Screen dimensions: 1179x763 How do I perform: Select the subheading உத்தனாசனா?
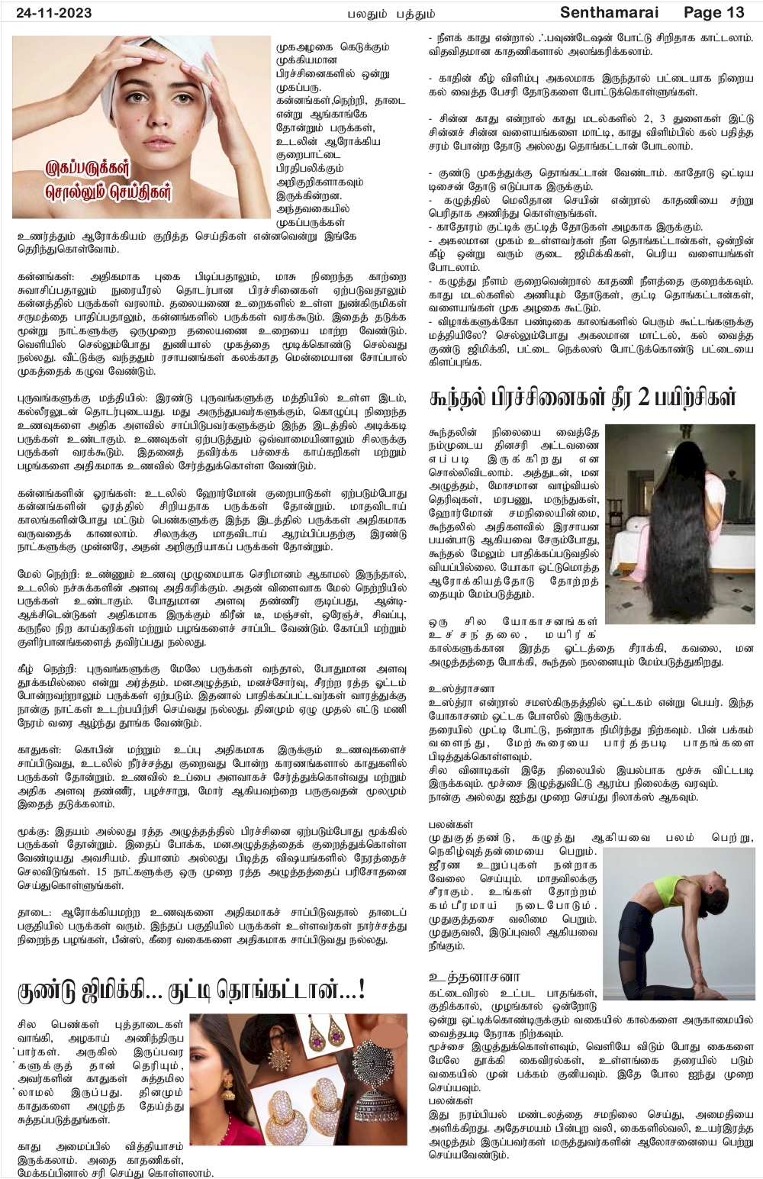pos(474,977)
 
